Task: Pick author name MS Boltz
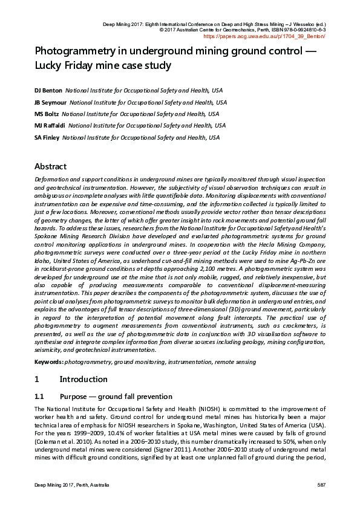[x=46, y=114]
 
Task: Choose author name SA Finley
[x=47, y=137]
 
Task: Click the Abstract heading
[x=50, y=166]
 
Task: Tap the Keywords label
[x=49, y=361]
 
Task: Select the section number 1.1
[x=39, y=397]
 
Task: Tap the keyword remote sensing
[x=234, y=361]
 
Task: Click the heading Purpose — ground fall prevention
[x=117, y=397]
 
